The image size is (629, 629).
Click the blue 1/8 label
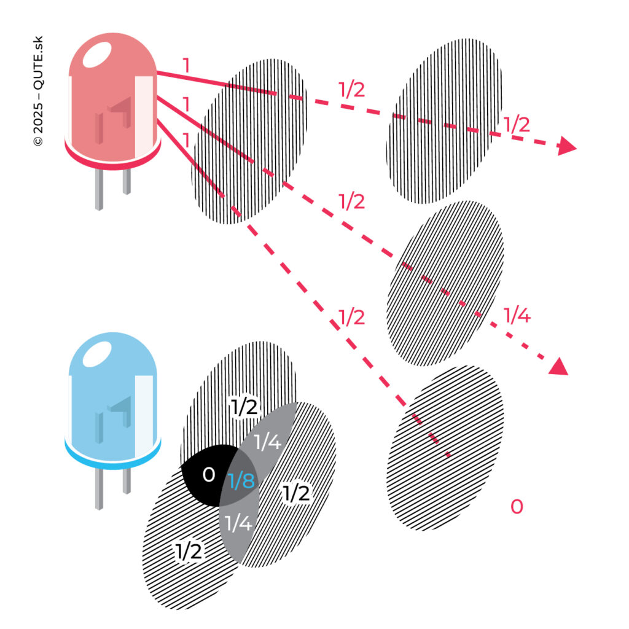(x=241, y=481)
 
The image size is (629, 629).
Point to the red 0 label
(x=517, y=507)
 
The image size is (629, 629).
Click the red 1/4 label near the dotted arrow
(x=516, y=316)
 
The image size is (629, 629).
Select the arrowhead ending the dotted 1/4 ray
(x=558, y=367)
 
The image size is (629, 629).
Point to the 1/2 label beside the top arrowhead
(x=516, y=125)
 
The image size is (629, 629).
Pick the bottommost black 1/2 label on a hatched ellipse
(x=189, y=552)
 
